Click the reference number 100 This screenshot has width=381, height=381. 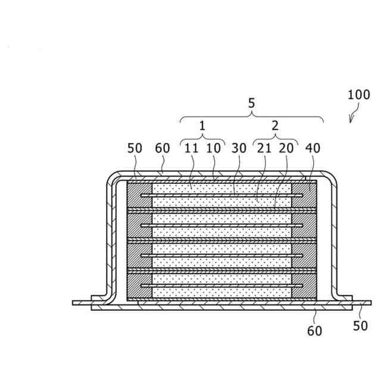(x=358, y=95)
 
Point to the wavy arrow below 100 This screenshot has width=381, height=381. (x=354, y=114)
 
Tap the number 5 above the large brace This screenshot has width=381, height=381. (x=251, y=103)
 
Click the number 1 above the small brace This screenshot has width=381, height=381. (x=202, y=126)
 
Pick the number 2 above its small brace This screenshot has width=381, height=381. (x=274, y=126)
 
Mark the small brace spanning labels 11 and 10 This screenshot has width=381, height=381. (x=202, y=139)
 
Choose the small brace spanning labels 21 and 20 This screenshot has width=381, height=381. (x=274, y=139)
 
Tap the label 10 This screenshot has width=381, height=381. (x=213, y=148)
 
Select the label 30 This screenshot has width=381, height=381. (x=239, y=148)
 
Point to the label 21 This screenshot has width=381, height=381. (x=263, y=148)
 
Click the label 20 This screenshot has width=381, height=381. (x=286, y=148)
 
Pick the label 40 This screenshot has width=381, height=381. (x=312, y=148)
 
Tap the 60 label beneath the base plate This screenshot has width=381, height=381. (x=314, y=330)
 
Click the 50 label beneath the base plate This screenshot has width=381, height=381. (x=360, y=326)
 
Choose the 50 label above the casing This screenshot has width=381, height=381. (x=135, y=148)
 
